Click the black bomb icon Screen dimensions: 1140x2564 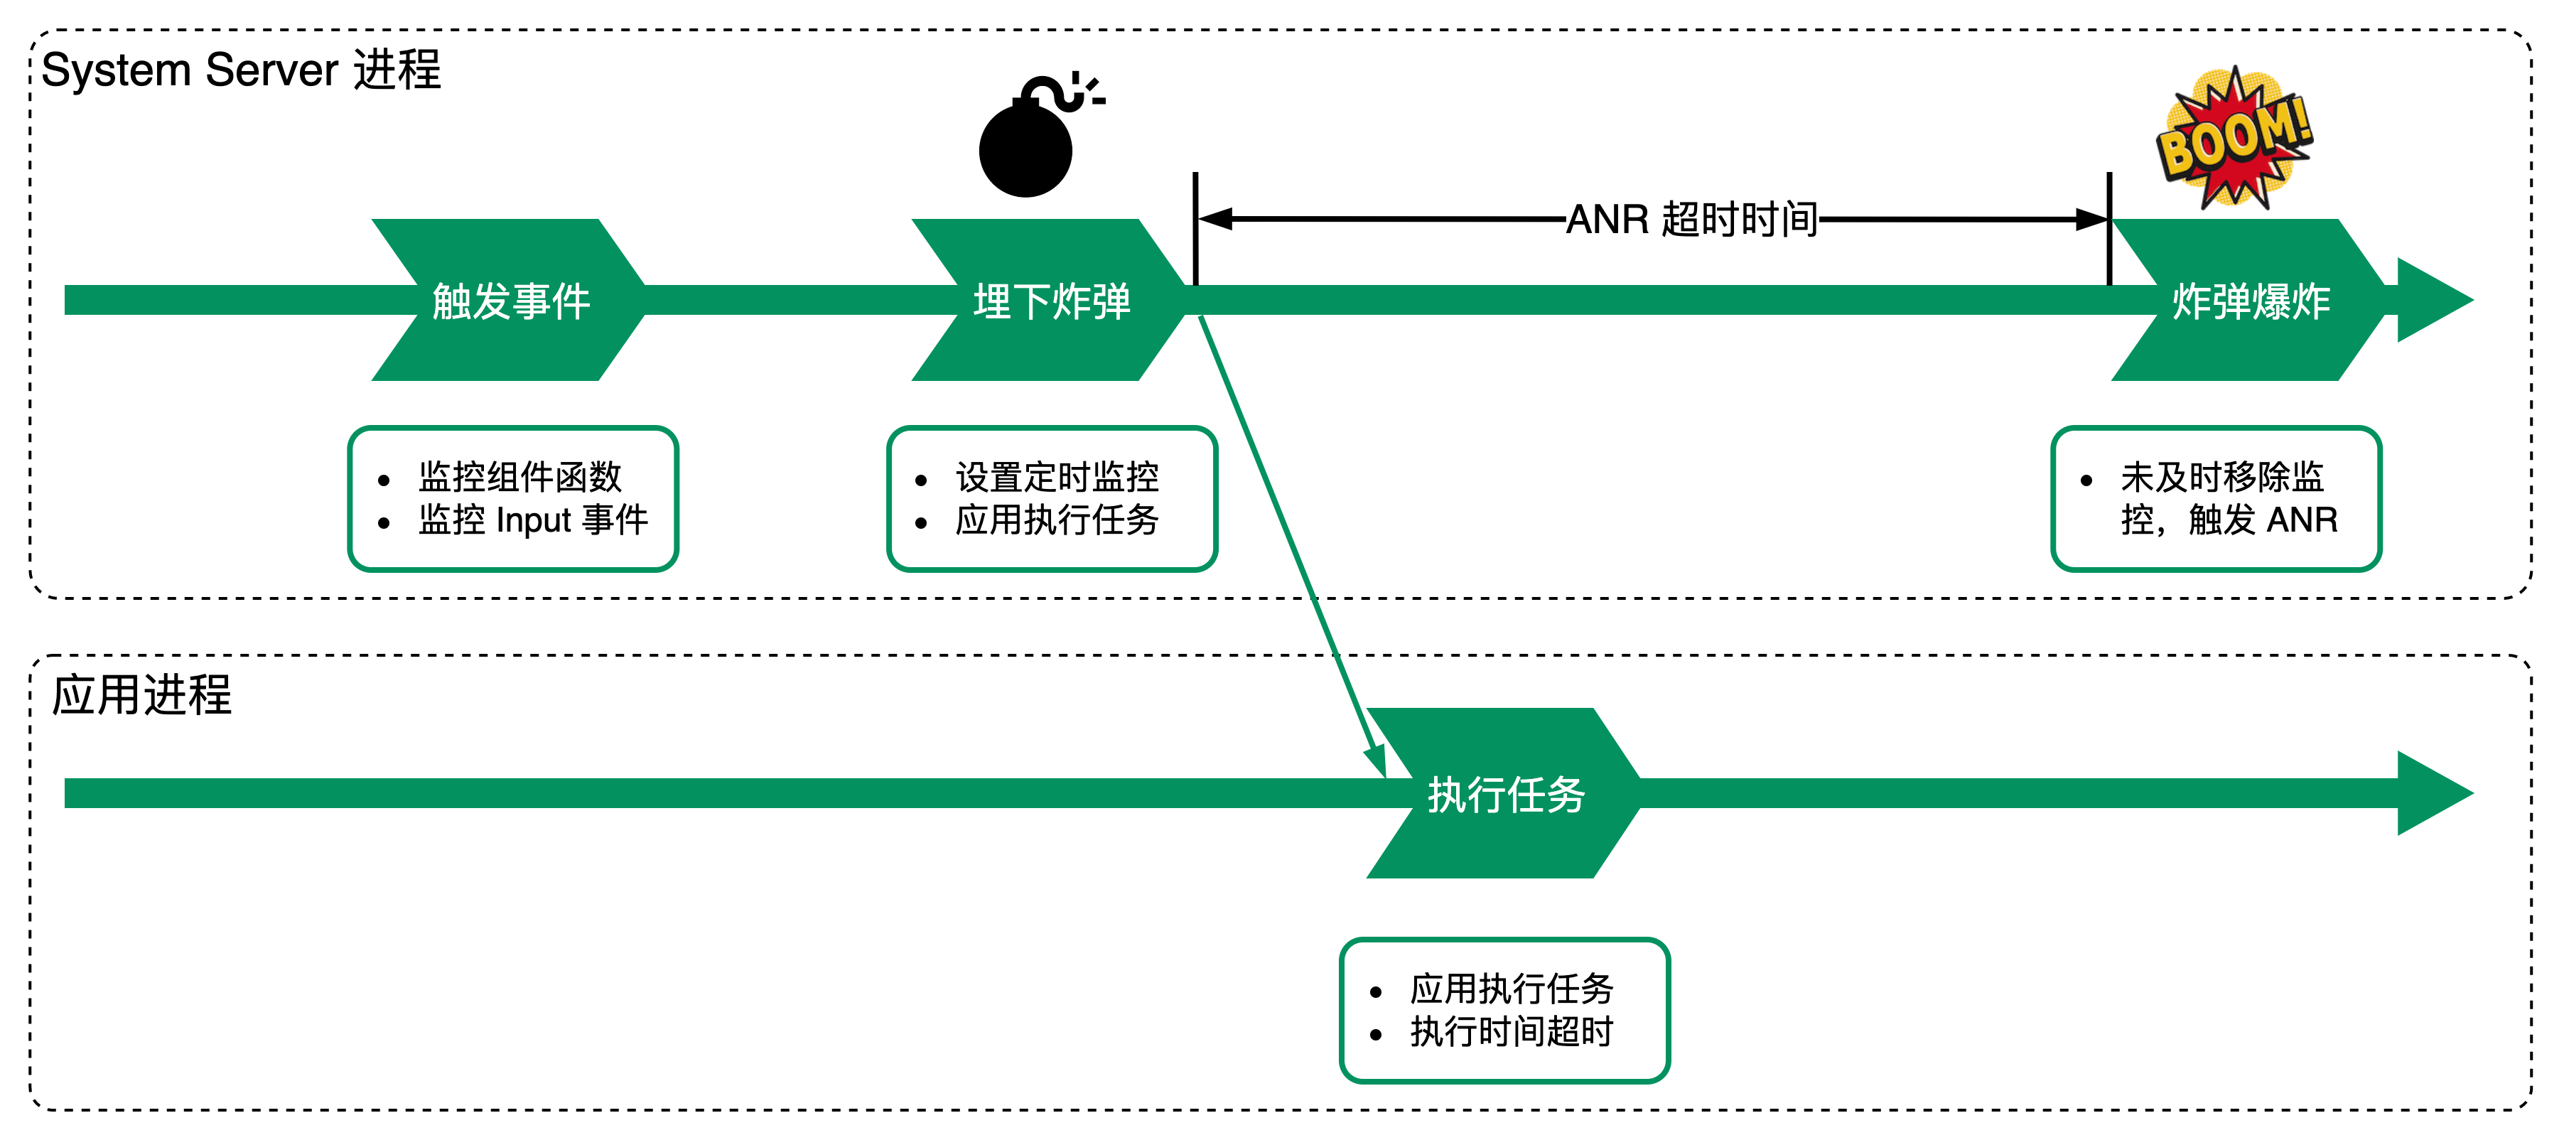(x=1027, y=147)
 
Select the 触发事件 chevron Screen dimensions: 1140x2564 (x=510, y=301)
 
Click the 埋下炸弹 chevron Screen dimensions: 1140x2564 (x=1051, y=301)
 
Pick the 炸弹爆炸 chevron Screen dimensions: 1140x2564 (x=2249, y=301)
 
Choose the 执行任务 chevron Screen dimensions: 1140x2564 (x=1505, y=793)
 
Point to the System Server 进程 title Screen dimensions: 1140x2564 (x=241, y=70)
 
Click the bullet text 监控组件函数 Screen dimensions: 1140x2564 (x=519, y=477)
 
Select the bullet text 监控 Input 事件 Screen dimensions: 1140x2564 (x=532, y=520)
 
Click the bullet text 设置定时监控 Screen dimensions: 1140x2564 (x=1057, y=477)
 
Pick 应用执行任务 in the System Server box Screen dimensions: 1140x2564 (x=1057, y=520)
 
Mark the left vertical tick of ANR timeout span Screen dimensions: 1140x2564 (x=1195, y=229)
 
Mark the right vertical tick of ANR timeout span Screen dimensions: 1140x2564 (x=2109, y=229)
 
